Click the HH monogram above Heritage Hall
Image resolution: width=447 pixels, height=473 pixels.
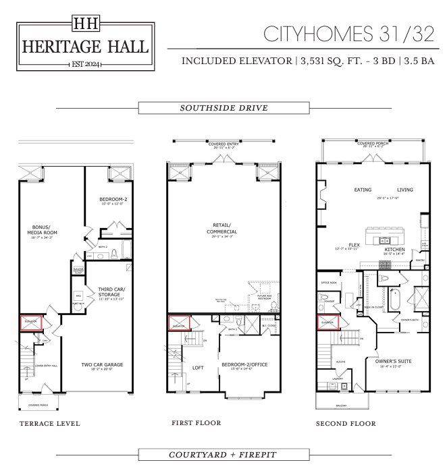pos(85,22)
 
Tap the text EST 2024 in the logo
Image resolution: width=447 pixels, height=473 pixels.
pos(85,63)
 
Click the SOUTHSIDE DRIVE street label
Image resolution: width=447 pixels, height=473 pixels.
pos(223,108)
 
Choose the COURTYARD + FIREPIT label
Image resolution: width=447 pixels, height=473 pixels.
pos(223,454)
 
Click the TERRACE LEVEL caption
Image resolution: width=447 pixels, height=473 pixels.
pos(50,424)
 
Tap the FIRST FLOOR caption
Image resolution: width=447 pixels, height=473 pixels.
pos(196,423)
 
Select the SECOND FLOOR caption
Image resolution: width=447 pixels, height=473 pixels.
pos(346,424)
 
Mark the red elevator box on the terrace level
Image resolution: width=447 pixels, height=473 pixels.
pos(31,323)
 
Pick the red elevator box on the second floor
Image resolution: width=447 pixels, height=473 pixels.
pos(328,323)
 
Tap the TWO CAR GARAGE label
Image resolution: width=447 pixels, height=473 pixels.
pos(102,364)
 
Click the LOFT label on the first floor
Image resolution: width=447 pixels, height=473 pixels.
pos(198,368)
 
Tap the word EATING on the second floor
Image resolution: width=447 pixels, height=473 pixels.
pos(363,190)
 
